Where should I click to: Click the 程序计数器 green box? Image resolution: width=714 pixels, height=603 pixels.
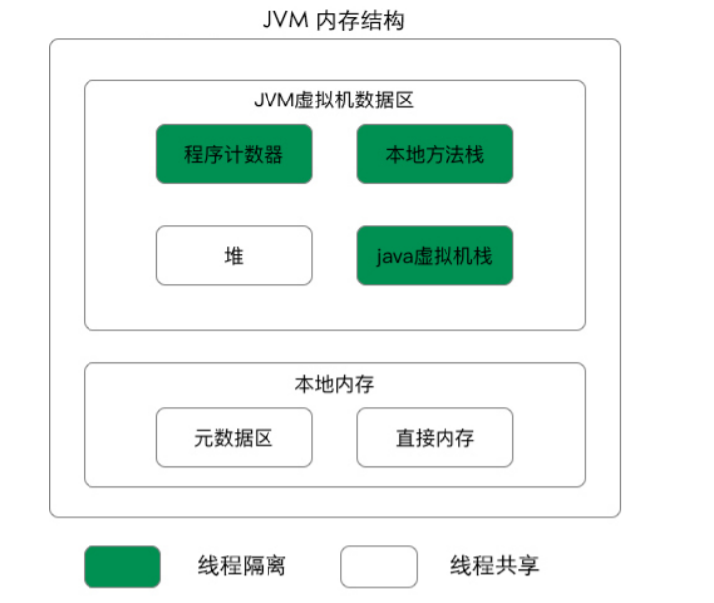point(234,154)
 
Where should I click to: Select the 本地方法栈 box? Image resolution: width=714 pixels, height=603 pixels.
point(435,154)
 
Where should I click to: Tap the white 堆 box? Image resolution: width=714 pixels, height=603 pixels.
point(234,256)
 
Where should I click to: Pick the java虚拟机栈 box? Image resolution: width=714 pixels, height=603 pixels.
point(435,256)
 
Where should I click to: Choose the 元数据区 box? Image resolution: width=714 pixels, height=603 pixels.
point(234,437)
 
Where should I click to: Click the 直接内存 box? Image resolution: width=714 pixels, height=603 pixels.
point(435,437)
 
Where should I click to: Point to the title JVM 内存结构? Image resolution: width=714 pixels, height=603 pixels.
point(334,21)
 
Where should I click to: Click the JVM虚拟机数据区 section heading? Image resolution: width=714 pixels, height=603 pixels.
point(334,100)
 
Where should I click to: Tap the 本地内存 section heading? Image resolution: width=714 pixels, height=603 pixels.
point(334,383)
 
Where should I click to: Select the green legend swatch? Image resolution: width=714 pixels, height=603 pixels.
point(121,567)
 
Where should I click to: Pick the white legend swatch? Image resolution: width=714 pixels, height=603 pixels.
point(379,567)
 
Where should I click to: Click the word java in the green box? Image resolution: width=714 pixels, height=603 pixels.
point(395,256)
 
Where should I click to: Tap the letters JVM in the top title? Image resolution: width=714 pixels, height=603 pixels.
point(285,21)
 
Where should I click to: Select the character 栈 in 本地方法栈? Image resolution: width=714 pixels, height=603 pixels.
point(474,154)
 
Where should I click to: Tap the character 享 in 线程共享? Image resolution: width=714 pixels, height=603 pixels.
point(528,567)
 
